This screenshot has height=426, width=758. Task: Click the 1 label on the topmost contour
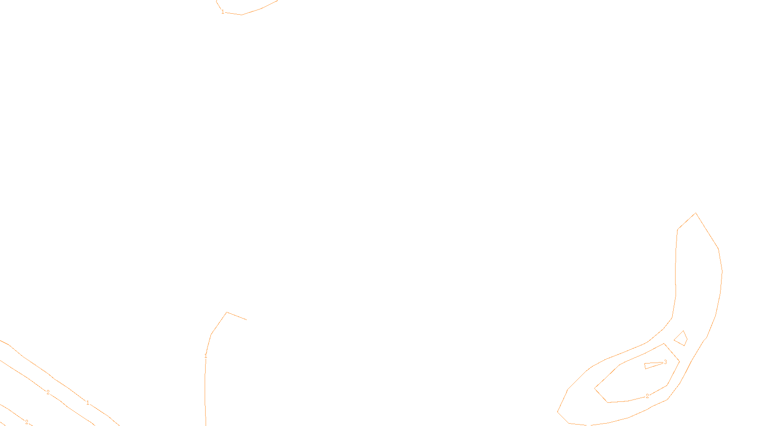[x=223, y=12]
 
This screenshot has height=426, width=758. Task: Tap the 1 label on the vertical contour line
[x=206, y=356]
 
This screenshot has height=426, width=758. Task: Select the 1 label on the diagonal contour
[x=88, y=403]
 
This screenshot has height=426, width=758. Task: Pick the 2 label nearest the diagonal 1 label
[x=48, y=392]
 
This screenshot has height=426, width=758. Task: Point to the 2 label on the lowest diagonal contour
[x=27, y=422]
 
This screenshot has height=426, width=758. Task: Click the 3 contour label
[x=665, y=362]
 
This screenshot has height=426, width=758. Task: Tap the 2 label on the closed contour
[x=647, y=396]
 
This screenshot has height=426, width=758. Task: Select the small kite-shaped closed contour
[x=681, y=339]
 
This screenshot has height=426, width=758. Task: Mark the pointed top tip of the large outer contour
[x=695, y=213]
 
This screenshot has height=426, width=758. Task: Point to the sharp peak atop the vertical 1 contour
[x=227, y=312]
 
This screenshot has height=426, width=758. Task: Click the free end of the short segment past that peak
[x=246, y=319]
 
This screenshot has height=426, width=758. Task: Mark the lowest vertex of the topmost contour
[x=242, y=15]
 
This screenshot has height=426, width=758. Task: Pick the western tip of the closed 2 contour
[x=595, y=389]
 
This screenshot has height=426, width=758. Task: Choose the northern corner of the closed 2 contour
[x=664, y=344]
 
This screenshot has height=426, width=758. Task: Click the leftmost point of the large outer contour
[x=558, y=412]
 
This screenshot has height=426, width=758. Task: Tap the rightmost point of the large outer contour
[x=722, y=272]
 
